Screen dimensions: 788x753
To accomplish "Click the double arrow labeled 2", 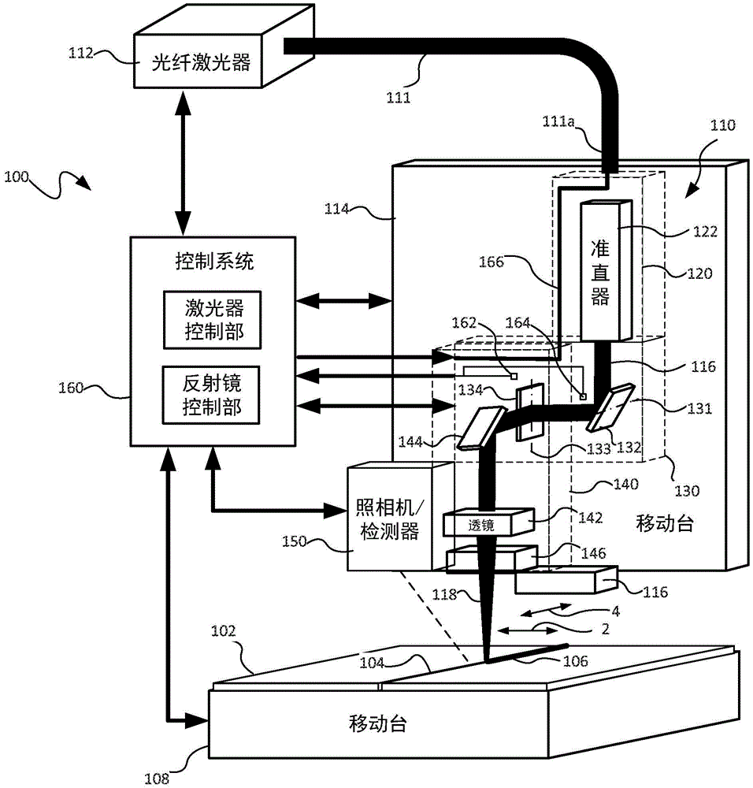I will click(x=531, y=629).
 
